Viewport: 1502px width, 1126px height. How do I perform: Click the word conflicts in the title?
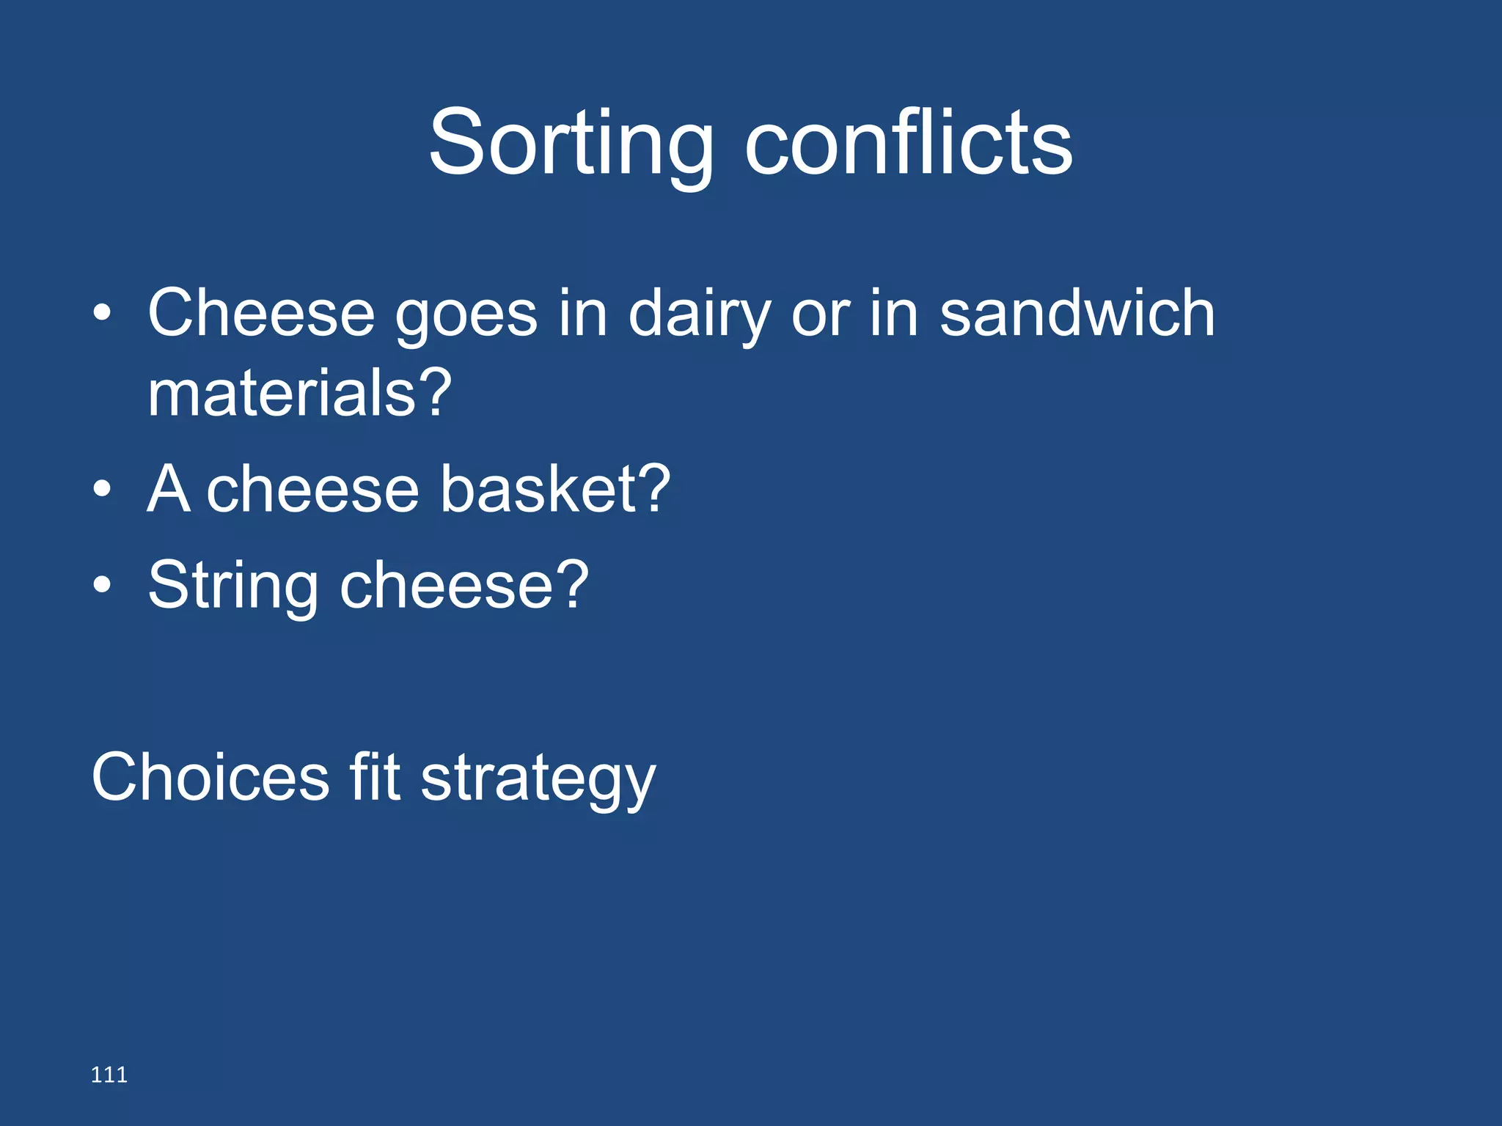point(908,143)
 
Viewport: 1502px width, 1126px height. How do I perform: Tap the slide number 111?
point(109,1075)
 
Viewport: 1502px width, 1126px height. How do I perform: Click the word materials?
point(299,394)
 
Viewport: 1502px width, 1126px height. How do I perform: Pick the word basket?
point(555,489)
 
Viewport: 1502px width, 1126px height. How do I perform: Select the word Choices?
point(210,777)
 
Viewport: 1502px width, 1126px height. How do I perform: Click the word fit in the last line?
point(375,777)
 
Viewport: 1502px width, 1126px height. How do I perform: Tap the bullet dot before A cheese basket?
point(103,489)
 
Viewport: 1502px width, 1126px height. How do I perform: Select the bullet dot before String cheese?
point(103,585)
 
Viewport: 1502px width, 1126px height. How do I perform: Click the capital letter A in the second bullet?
point(169,489)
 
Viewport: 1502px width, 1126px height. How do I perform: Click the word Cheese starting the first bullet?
point(261,314)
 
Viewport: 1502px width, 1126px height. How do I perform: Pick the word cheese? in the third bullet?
point(464,586)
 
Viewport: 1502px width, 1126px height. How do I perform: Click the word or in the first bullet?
point(820,317)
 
